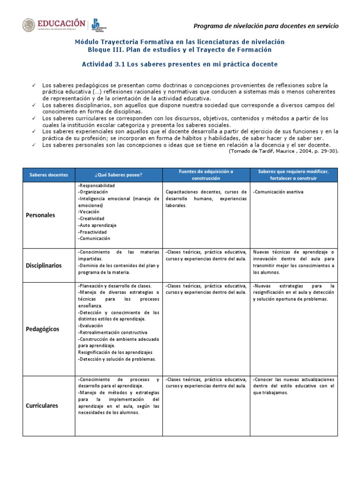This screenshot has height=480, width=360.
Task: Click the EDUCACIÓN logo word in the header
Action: [62, 23]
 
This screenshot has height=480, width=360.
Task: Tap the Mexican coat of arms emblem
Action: [29, 26]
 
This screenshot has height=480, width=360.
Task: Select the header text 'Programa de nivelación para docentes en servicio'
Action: [266, 26]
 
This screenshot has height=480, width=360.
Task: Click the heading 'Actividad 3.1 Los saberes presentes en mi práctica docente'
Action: [180, 64]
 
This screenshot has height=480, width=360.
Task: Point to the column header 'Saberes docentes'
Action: [49, 175]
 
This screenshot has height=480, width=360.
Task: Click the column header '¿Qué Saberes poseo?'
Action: [118, 175]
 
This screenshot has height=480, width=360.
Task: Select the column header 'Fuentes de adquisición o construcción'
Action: [206, 175]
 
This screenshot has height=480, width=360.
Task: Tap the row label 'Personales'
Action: [40, 215]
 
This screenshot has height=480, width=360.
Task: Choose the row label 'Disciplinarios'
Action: [44, 265]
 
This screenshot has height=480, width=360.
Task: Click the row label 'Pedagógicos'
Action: [43, 329]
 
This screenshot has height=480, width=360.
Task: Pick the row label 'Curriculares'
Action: [42, 405]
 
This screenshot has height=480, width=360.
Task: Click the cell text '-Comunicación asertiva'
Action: [278, 192]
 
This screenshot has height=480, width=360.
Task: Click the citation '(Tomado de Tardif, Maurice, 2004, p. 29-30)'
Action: [283, 151]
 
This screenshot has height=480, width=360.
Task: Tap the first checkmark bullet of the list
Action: [33, 85]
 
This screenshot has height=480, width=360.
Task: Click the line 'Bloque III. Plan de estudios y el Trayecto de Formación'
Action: [180, 50]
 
